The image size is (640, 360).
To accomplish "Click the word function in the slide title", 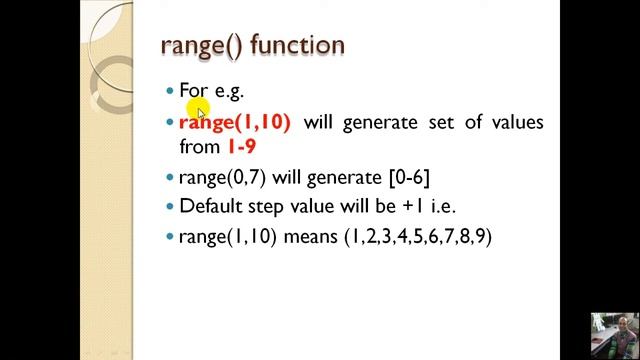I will pos(298,45).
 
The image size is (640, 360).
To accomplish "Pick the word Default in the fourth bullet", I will pos(211,207).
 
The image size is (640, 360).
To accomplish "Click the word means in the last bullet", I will pos(311,237).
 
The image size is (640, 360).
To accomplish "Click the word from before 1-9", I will pos(199,147).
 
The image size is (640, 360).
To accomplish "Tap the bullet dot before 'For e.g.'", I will pos(170,91).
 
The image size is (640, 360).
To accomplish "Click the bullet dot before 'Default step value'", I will pos(170,207).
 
